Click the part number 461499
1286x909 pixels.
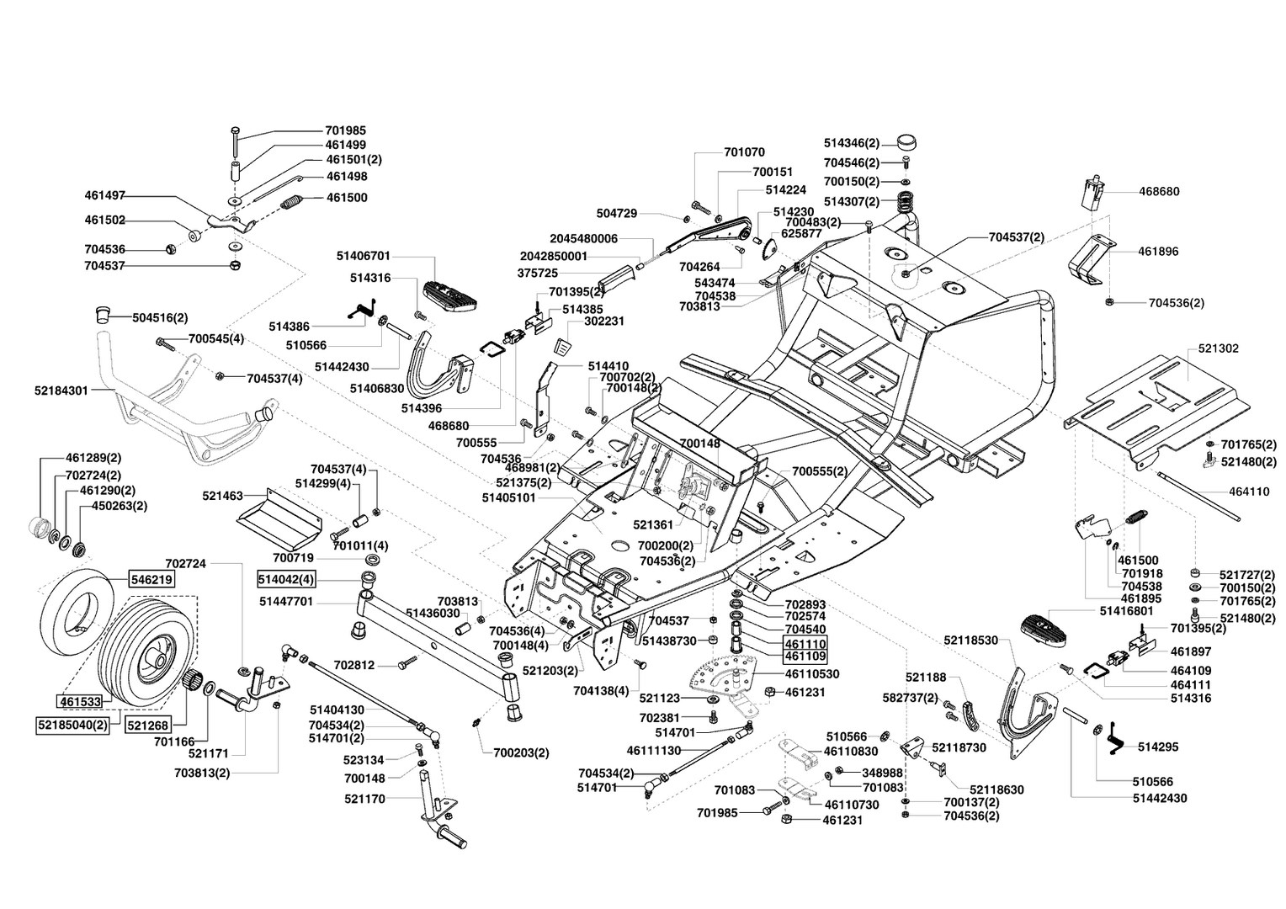346,145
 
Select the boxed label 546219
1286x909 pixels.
151,579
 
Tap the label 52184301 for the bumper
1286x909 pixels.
61,390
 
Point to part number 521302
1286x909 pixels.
1216,348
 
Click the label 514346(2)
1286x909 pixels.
852,144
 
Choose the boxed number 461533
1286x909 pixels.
80,700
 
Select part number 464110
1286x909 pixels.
1249,492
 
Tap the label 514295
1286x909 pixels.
1158,746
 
